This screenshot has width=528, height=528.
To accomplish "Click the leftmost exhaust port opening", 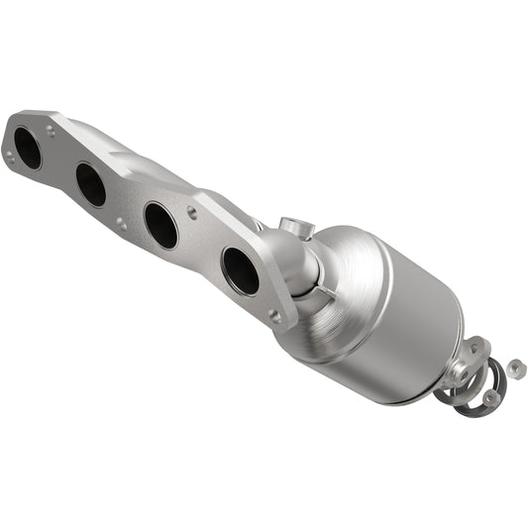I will point(28,148).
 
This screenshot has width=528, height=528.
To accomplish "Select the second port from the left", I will point(90,184).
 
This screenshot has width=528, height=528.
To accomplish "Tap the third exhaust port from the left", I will point(160,225).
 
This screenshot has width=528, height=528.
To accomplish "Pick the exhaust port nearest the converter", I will point(240,270).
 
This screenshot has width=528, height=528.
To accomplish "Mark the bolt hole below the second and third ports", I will point(121,226).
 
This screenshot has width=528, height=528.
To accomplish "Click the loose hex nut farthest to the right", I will point(515,369).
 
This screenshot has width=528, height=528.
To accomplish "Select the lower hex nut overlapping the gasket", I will point(491,397).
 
